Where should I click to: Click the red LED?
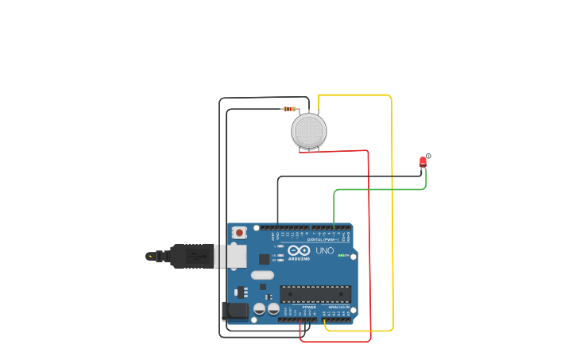pyautogui.click(x=423, y=161)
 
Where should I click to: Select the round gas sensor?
pyautogui.click(x=309, y=131)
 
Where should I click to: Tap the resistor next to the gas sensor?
pyautogui.click(x=290, y=109)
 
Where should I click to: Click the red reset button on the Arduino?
pyautogui.click(x=239, y=233)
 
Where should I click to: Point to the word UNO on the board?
pyautogui.click(x=325, y=250)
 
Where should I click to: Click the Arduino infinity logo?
pyautogui.click(x=299, y=250)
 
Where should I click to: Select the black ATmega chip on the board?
pyautogui.click(x=315, y=294)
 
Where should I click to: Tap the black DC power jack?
pyautogui.click(x=236, y=311)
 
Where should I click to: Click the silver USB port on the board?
pyautogui.click(x=231, y=256)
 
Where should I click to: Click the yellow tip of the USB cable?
pyautogui.click(x=149, y=256)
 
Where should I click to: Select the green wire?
pyautogui.click(x=380, y=190)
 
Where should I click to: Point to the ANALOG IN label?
pyautogui.click(x=338, y=307)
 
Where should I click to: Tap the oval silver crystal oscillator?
pyautogui.click(x=262, y=276)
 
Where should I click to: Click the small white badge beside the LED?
pyautogui.click(x=428, y=156)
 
